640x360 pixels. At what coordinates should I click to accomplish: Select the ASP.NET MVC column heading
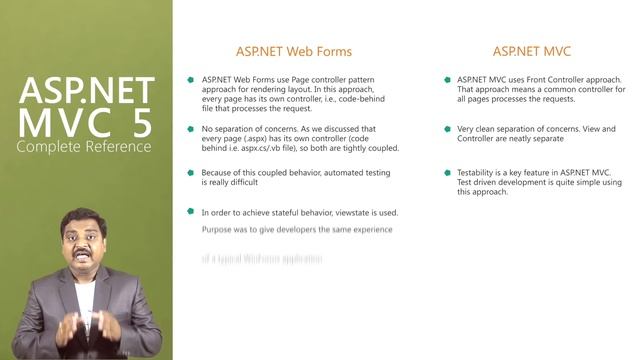(531, 51)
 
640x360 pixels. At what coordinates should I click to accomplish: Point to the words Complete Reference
(84, 147)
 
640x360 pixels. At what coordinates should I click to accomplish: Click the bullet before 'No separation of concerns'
(190, 129)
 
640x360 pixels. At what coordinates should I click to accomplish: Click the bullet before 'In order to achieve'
(190, 211)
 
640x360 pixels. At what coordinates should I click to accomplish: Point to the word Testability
(478, 172)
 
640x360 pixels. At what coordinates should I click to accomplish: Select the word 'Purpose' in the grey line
(218, 230)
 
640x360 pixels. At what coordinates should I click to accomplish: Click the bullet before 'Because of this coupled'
(190, 172)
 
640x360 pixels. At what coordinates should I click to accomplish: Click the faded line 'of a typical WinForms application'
(262, 258)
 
